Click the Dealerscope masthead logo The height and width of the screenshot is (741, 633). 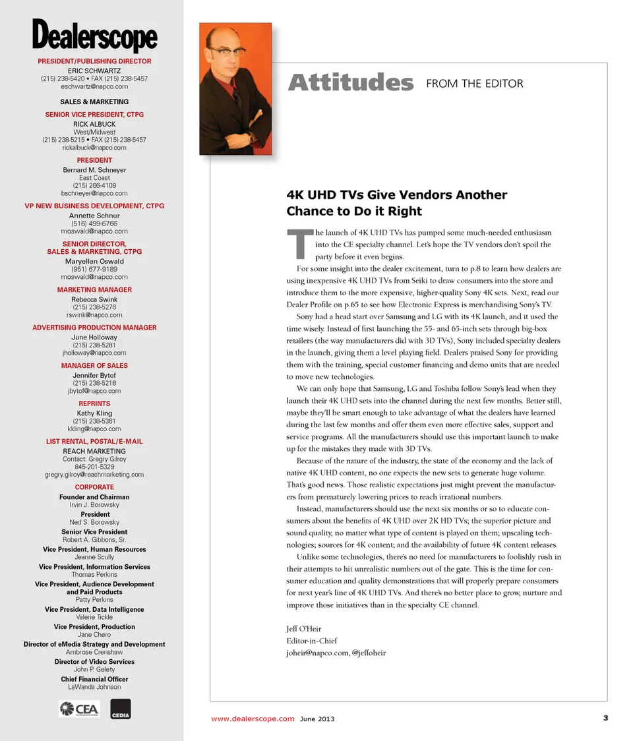[x=94, y=36]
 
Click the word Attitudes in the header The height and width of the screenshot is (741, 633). [x=351, y=84]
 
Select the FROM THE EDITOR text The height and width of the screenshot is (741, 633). [x=475, y=84]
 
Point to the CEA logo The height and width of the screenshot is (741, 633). [x=79, y=709]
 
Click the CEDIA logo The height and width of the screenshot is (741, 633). [x=121, y=709]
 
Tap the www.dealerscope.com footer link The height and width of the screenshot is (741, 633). [x=253, y=719]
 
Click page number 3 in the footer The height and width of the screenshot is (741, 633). [x=605, y=718]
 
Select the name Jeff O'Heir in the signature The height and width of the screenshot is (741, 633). [x=304, y=629]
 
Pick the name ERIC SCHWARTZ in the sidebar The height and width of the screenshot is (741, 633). [x=94, y=71]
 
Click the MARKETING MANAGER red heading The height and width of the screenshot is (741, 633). [x=94, y=289]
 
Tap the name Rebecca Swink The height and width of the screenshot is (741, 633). [x=94, y=299]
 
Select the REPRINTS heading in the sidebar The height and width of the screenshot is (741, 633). [x=94, y=403]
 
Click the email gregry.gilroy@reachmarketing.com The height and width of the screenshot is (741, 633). [x=94, y=475]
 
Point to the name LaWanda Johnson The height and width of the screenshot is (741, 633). [x=94, y=687]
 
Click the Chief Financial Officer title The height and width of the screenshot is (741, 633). [x=94, y=679]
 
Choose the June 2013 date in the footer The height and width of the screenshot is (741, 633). [x=317, y=719]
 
